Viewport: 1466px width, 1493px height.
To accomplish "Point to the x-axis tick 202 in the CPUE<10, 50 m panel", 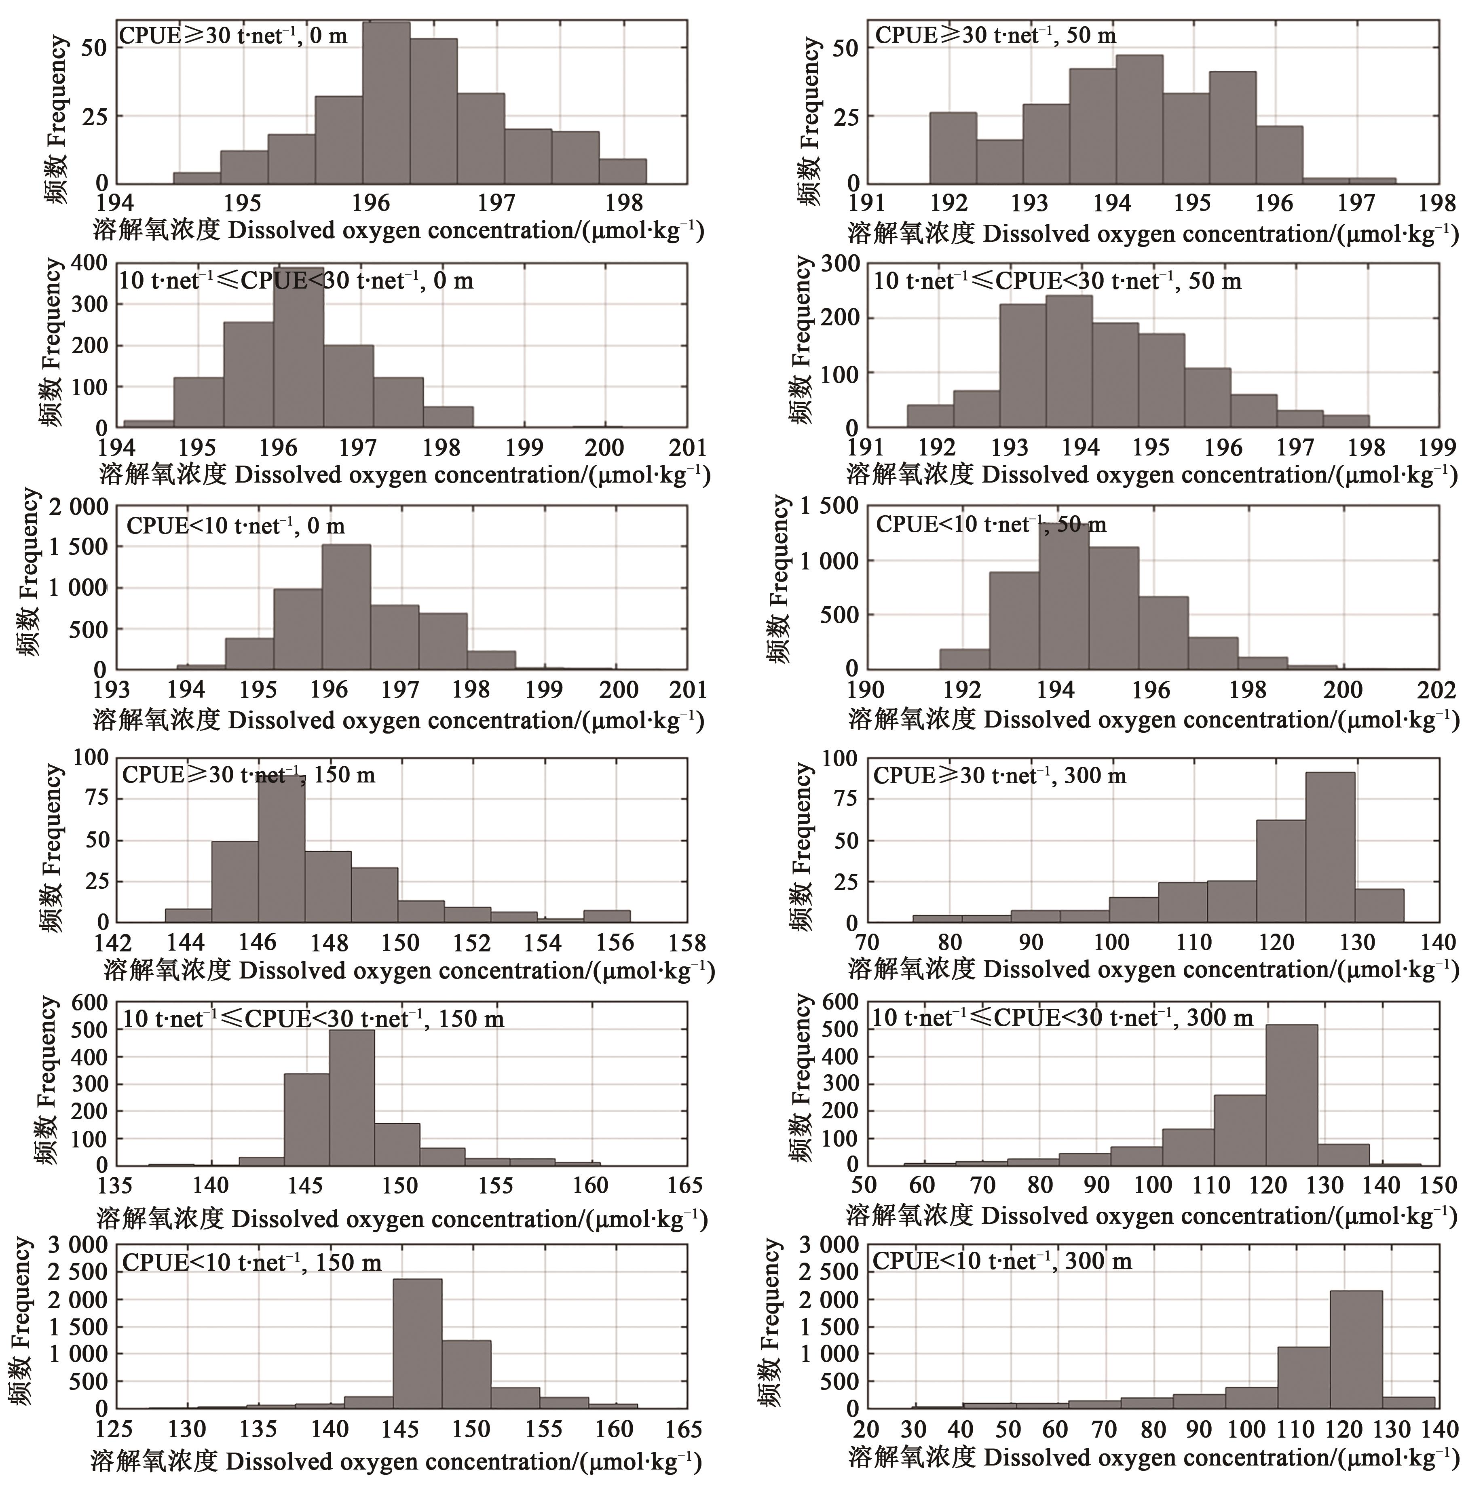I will tap(1437, 690).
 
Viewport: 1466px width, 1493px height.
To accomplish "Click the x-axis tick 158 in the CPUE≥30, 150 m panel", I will tap(687, 943).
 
